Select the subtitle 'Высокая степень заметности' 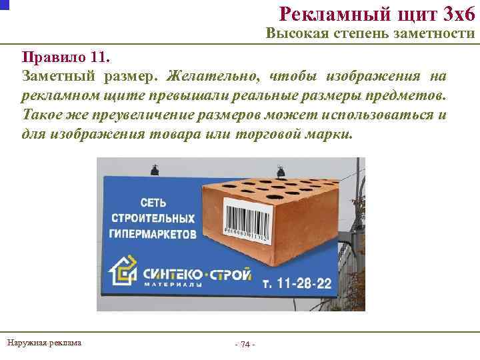coord(370,34)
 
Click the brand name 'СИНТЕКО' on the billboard coord(172,273)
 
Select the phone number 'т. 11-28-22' coord(297,283)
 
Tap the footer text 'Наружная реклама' coord(44,343)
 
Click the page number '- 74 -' coord(245,344)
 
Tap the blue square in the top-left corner coord(4,3)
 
